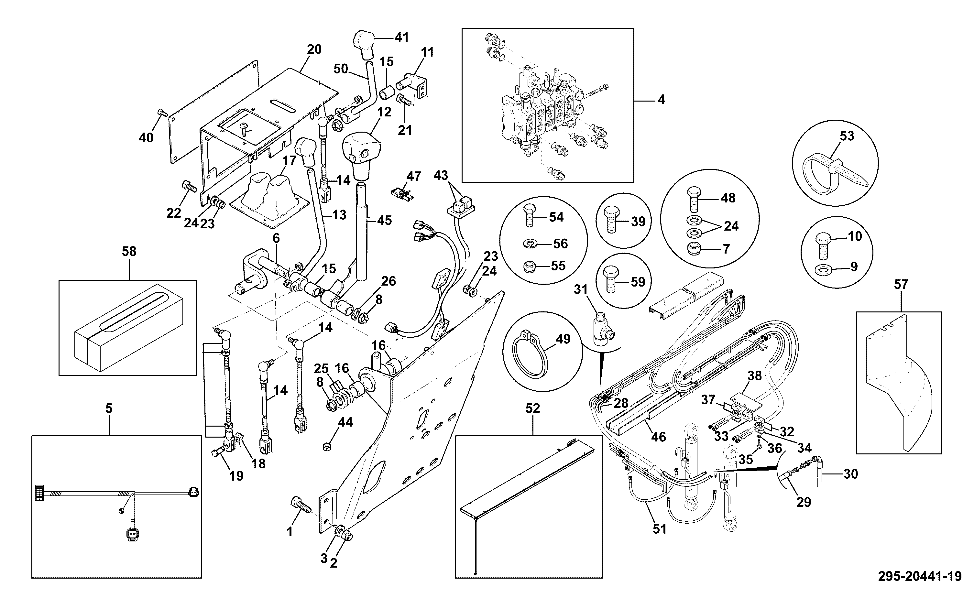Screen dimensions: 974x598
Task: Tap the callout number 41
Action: (x=402, y=38)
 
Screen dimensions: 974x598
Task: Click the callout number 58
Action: (x=129, y=252)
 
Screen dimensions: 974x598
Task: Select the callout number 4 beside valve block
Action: (x=661, y=100)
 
